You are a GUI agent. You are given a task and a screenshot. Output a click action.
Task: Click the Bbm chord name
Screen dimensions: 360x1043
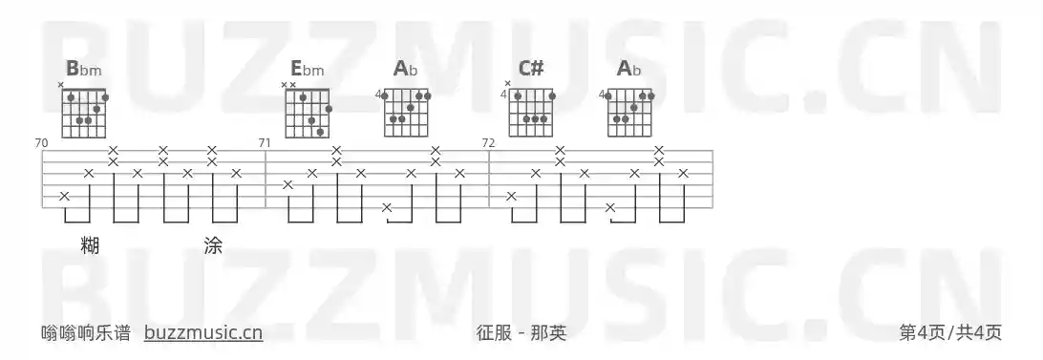[x=84, y=69]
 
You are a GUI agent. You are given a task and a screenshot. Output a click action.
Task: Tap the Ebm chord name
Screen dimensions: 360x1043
[x=308, y=69]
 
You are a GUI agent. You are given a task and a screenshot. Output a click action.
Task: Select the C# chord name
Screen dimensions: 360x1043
[x=531, y=69]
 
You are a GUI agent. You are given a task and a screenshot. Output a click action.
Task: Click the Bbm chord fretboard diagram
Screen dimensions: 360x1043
[x=85, y=113]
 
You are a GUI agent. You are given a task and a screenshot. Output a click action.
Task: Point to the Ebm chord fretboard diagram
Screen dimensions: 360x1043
[x=309, y=113]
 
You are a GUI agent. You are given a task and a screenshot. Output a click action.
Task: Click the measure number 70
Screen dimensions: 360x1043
[x=41, y=143]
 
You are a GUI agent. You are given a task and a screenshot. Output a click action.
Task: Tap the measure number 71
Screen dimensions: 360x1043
[x=265, y=143]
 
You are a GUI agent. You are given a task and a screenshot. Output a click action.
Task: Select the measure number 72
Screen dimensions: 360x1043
[x=488, y=143]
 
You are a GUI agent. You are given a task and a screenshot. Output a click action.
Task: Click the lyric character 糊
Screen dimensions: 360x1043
[x=90, y=245]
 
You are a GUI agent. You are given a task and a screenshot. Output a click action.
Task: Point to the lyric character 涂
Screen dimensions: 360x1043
[x=213, y=245]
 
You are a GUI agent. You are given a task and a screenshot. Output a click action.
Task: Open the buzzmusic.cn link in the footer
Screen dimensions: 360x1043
[x=203, y=332]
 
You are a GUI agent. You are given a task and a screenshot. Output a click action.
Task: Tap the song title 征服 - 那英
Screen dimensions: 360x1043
[x=521, y=332]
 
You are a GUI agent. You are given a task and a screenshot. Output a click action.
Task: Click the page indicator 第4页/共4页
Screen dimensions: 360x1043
[x=950, y=332]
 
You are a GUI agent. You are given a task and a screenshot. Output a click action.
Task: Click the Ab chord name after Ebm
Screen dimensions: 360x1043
[x=406, y=69]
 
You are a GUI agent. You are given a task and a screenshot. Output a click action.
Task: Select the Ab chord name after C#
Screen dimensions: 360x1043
[x=629, y=69]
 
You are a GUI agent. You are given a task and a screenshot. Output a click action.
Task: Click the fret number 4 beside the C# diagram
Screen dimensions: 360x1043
[x=504, y=95]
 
